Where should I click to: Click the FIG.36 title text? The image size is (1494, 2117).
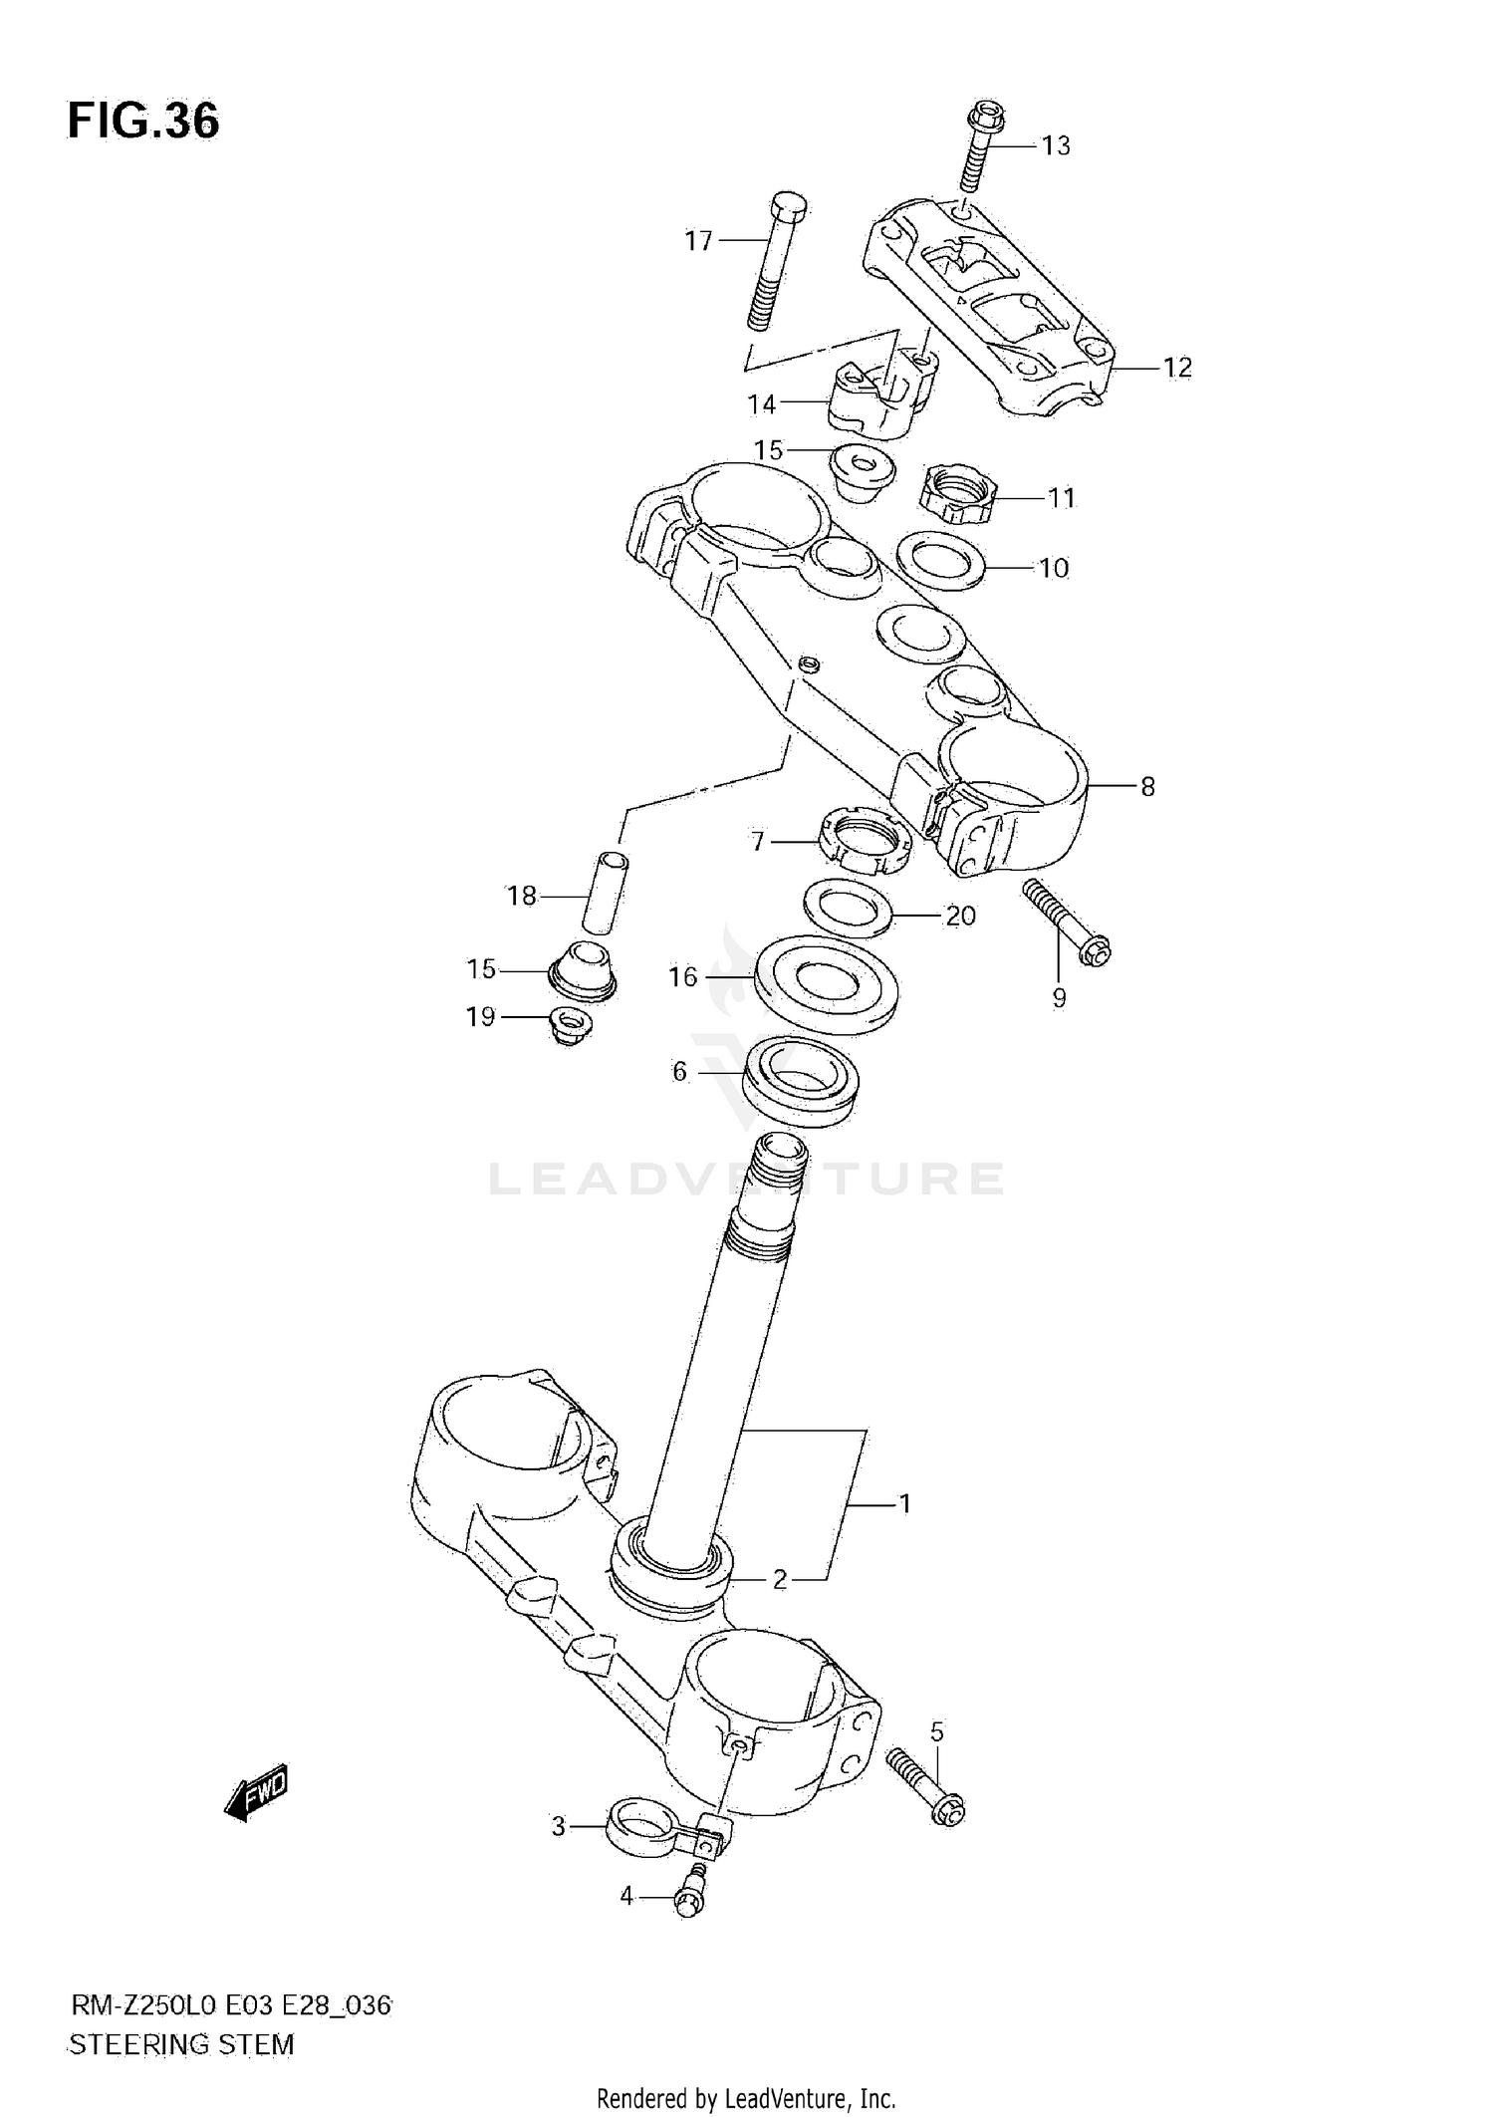coord(143,122)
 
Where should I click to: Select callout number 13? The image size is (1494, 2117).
coord(1056,146)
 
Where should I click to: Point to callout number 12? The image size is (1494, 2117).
coord(1177,368)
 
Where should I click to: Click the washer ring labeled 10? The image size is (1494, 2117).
coord(940,560)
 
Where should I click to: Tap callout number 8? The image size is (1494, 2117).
coord(1147,787)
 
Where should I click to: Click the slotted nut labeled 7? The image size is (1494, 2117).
coord(864,844)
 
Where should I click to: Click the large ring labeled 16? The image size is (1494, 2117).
coord(826,984)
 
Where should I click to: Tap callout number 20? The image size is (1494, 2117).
coord(960,916)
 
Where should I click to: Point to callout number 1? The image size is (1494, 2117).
coord(905,1503)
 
